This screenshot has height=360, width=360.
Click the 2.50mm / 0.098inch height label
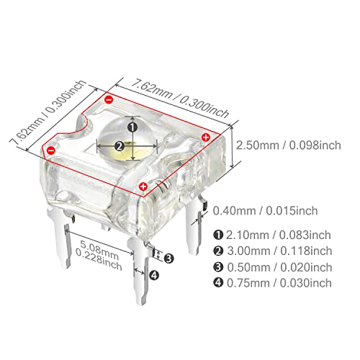pyautogui.click(x=289, y=145)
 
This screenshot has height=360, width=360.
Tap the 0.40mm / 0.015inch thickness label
pyautogui.click(x=266, y=211)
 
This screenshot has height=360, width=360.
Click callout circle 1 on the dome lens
pyautogui.click(x=132, y=127)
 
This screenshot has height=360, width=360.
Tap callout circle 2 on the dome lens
pyautogui.click(x=120, y=146)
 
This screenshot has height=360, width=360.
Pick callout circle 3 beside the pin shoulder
pyautogui.click(x=168, y=258)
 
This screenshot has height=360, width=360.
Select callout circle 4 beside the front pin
pyautogui.click(x=154, y=275)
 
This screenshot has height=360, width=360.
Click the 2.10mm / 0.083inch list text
pyautogui.click(x=279, y=235)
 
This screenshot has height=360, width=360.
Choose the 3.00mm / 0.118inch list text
pyautogui.click(x=279, y=251)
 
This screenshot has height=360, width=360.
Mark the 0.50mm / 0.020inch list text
pyautogui.click(x=279, y=267)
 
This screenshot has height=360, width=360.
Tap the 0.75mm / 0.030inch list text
pyautogui.click(x=279, y=283)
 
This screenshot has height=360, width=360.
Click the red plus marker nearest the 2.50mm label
pyautogui.click(x=206, y=138)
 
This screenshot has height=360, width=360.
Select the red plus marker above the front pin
pyautogui.click(x=143, y=186)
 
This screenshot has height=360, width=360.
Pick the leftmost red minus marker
pyautogui.click(x=51, y=150)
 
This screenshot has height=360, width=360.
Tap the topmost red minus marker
pyautogui.click(x=109, y=99)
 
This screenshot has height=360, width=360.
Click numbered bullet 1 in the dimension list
pyautogui.click(x=218, y=235)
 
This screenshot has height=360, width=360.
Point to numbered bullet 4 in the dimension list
pyautogui.click(x=218, y=283)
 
